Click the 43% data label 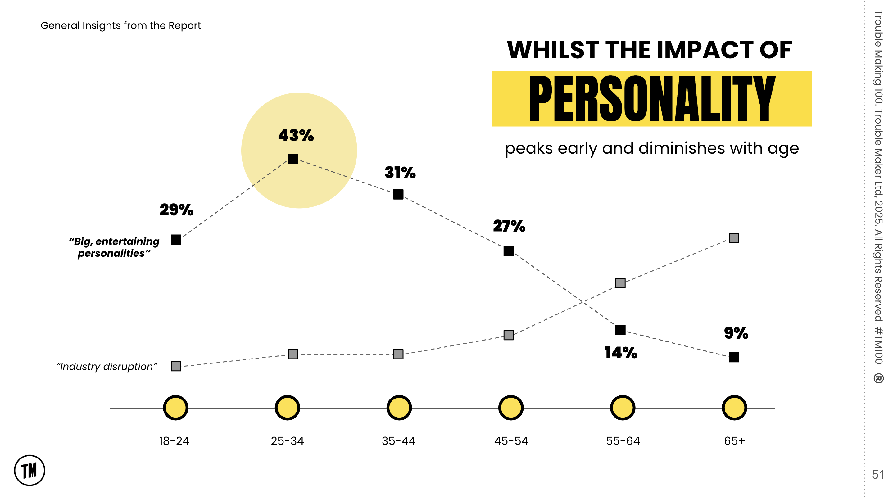click(296, 135)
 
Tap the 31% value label click(400, 173)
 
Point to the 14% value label click(620, 353)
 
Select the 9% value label click(736, 333)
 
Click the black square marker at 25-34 click(293, 159)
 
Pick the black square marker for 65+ click(734, 357)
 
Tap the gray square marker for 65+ click(734, 238)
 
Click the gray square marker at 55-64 click(620, 283)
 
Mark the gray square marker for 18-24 click(176, 366)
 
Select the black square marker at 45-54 click(509, 251)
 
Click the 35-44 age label click(399, 441)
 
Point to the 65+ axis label click(734, 441)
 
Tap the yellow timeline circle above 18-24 click(176, 408)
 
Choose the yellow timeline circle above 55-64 click(623, 408)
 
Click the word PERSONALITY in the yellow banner click(652, 99)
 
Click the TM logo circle click(29, 471)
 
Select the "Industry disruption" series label click(107, 367)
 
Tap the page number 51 click(878, 474)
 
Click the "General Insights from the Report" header click(121, 26)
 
